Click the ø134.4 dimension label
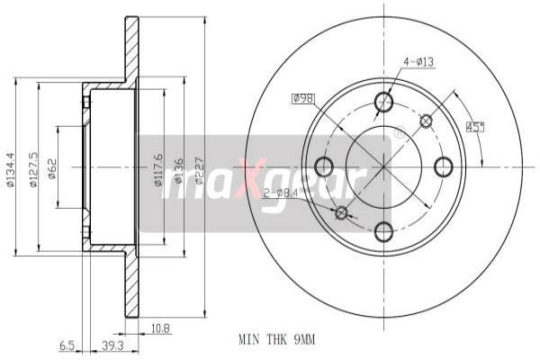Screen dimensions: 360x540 click(10, 167)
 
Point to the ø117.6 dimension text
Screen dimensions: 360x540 click(159, 167)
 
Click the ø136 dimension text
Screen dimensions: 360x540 click(179, 167)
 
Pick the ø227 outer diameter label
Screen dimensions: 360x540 click(199, 167)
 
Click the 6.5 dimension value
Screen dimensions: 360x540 click(67, 345)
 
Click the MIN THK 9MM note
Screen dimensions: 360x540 click(278, 340)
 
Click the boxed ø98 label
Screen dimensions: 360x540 click(306, 98)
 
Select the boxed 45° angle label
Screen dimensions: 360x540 click(474, 127)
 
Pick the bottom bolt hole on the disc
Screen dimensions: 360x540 click(384, 233)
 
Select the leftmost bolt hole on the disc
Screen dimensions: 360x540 click(324, 166)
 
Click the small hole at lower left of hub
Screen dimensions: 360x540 click(341, 213)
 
